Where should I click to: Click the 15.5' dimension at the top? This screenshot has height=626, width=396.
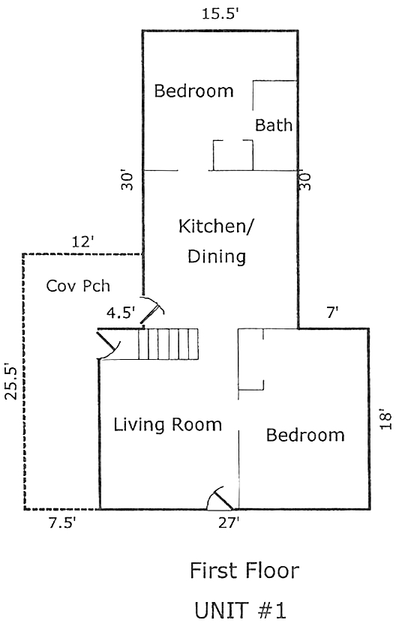pos(220,14)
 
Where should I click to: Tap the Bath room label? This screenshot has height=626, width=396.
pos(274,125)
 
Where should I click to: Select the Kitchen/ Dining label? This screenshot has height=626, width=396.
pos(216,241)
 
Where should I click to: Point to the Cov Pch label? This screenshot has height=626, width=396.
pos(78,286)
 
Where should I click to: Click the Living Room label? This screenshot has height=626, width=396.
pos(168,424)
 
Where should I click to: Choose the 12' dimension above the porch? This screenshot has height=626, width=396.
pos(83,241)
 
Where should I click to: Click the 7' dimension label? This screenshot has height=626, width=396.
pos(332,313)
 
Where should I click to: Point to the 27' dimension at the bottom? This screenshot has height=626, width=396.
pos(229,523)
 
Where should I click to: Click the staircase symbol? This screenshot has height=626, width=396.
pos(168,344)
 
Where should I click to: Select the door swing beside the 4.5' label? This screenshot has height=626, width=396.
pos(152,310)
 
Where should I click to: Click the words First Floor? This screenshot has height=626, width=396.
pos(244,571)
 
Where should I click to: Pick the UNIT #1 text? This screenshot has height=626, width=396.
pos(240,610)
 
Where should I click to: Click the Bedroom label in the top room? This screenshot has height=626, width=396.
pos(193,91)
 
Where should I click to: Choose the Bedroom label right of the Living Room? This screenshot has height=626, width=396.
pos(305,435)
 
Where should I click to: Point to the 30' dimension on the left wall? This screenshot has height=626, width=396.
pos(127,181)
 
